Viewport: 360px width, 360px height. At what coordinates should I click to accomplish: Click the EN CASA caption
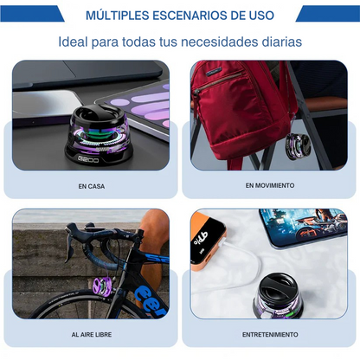(x=90, y=186)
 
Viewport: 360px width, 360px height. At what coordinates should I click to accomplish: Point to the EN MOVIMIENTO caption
(x=268, y=186)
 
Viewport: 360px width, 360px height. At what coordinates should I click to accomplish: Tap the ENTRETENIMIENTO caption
(x=270, y=334)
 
